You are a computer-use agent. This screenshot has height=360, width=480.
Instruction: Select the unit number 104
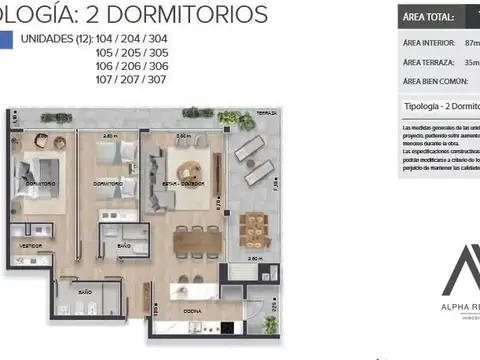pos(106,41)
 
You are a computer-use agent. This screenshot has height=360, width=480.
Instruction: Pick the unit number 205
pos(132,53)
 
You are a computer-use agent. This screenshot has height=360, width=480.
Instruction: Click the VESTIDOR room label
pos(33,244)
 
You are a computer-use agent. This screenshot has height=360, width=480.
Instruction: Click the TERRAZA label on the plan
pos(266,113)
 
